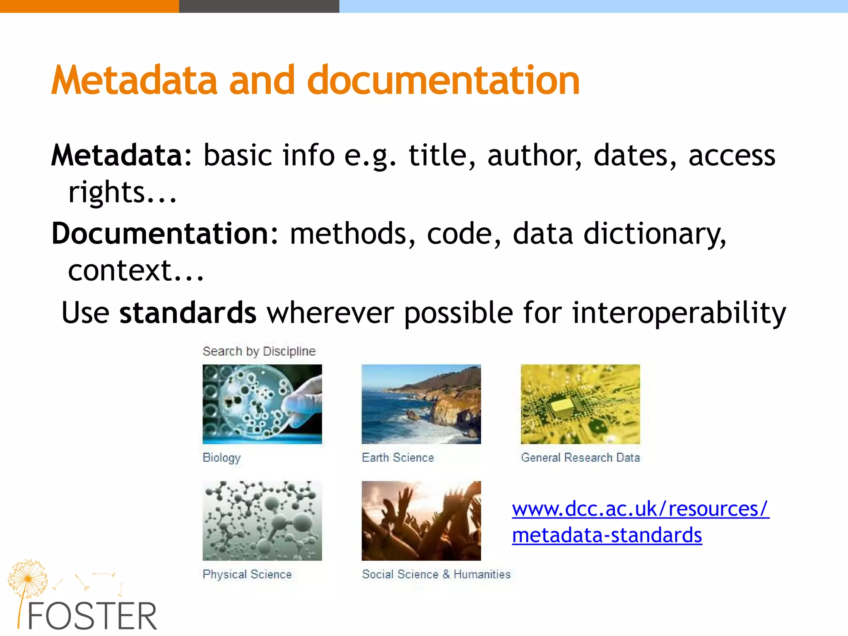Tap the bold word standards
tap(188, 313)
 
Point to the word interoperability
tap(679, 313)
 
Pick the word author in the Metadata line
tap(534, 156)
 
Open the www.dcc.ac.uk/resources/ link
tap(640, 508)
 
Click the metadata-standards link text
tap(607, 535)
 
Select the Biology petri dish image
tap(262, 404)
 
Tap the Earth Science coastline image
tap(421, 404)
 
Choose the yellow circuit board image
tap(580, 404)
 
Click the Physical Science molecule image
tap(262, 520)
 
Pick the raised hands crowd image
tap(421, 520)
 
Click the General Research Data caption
tap(580, 458)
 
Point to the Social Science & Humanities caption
tap(436, 574)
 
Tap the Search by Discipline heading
tap(259, 351)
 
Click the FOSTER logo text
tap(92, 616)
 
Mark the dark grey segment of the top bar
tap(259, 6)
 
